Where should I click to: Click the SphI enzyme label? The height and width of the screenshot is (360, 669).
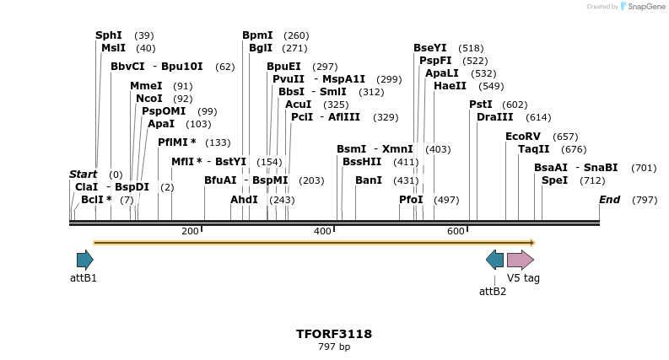109,35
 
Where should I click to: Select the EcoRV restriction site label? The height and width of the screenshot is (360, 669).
522,137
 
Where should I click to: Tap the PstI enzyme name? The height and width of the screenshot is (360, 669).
480,105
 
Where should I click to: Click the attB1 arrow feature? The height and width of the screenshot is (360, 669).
84,260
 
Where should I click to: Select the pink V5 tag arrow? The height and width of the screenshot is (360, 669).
520,260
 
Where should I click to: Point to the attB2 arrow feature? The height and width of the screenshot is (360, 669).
494,260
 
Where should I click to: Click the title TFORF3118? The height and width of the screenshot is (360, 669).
334,334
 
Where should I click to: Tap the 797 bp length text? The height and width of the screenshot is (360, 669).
334,347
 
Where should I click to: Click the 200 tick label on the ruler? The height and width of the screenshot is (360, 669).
190,231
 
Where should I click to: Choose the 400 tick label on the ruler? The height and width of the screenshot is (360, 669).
322,231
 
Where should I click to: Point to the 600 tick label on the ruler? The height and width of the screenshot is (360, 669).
456,231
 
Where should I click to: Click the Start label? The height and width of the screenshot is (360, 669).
83,175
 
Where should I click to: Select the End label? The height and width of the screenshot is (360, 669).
609,200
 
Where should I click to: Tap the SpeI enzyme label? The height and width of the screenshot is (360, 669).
554,180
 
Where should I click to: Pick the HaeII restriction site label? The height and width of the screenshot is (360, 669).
450,86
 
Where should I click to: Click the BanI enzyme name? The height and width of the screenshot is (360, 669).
369,180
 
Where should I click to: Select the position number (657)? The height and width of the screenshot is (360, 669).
565,137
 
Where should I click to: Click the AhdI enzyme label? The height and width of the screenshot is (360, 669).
244,200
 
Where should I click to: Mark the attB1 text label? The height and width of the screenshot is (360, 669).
84,278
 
